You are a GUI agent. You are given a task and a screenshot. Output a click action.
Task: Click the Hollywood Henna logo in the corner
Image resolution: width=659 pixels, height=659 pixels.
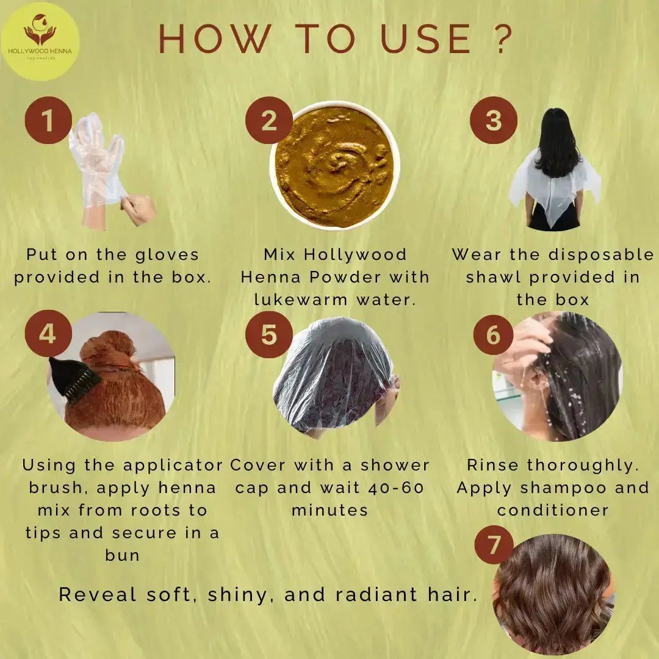click(40, 41)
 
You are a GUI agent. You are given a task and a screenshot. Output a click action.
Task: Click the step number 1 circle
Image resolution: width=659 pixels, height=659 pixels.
click(48, 120)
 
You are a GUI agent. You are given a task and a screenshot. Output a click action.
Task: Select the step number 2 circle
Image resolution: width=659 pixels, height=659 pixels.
click(269, 120)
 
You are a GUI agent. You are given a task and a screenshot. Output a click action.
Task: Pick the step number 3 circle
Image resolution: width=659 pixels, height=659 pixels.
click(494, 120)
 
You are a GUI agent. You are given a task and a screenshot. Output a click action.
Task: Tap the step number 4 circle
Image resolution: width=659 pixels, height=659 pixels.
click(48, 334)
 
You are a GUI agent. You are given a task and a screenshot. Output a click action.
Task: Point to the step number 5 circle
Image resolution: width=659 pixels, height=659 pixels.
click(269, 334)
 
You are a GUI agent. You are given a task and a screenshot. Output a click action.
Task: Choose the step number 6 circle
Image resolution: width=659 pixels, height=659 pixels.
click(494, 334)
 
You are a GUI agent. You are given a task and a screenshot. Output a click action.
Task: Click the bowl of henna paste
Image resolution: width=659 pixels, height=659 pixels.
click(334, 165)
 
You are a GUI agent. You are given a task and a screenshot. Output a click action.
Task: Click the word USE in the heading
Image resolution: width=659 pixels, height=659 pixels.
click(426, 38)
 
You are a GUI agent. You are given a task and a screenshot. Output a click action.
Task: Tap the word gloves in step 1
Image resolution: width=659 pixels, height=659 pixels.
click(167, 254)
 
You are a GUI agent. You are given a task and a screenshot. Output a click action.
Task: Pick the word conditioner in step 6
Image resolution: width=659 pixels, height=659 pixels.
click(553, 510)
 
